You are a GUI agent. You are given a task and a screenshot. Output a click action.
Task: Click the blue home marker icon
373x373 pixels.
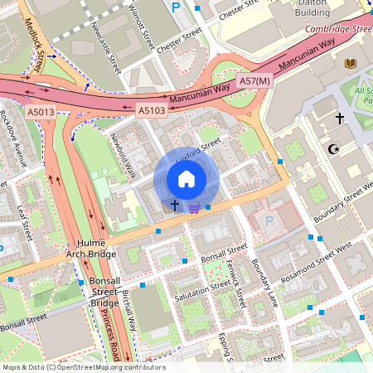tap(186, 178)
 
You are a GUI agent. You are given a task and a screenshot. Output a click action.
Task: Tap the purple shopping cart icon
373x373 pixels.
tap(194, 208)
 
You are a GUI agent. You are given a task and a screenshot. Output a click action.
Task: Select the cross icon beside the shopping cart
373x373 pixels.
tap(175, 204)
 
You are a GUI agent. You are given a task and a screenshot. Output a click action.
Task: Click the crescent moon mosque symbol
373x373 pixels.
tap(335, 149)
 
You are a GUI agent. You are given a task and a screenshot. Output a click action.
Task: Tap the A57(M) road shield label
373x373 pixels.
tap(254, 80)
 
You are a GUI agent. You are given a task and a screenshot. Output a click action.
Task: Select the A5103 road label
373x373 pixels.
tap(152, 109)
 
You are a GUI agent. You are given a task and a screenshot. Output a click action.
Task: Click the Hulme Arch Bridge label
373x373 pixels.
tap(91, 248)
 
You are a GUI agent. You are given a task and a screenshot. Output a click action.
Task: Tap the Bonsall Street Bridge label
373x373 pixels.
tap(105, 293)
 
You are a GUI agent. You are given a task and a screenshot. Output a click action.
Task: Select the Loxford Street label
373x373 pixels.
tap(198, 148)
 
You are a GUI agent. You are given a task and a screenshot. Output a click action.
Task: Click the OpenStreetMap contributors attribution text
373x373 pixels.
tap(84, 366)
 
